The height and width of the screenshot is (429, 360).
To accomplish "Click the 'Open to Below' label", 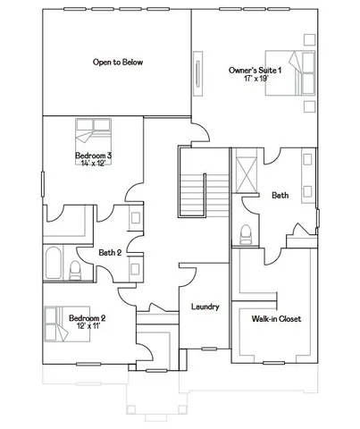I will [119, 63].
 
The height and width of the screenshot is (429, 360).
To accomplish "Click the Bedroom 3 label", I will [93, 156].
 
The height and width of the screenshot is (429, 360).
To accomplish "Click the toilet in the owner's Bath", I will [245, 235].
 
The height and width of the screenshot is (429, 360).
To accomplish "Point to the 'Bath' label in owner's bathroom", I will [280, 195].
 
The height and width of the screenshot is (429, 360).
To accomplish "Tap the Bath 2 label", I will [110, 252].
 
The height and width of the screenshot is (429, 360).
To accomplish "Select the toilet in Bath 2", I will [76, 271].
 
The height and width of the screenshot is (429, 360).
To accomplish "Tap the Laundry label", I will [205, 307].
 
